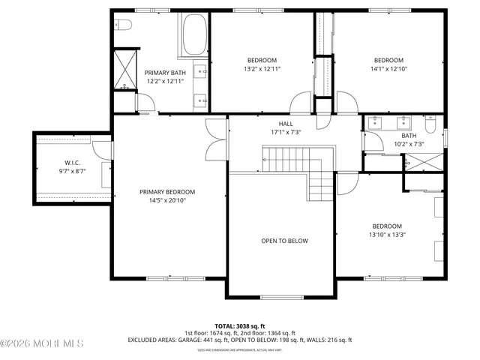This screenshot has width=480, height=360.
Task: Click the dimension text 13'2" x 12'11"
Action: coord(262,69)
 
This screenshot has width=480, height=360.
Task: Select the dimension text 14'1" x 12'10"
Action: coord(388,69)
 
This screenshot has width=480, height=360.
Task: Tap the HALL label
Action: coord(286,124)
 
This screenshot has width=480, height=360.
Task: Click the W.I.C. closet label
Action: coord(72,163)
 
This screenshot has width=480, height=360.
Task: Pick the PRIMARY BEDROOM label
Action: coord(166,192)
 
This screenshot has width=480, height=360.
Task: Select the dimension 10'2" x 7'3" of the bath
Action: coord(409,144)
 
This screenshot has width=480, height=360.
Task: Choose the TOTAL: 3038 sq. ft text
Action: coord(239,325)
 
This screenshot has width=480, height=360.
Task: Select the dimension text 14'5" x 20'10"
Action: coord(166,200)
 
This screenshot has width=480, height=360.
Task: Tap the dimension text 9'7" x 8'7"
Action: coord(72,171)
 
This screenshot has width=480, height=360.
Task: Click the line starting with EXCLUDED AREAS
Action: coord(239,340)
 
